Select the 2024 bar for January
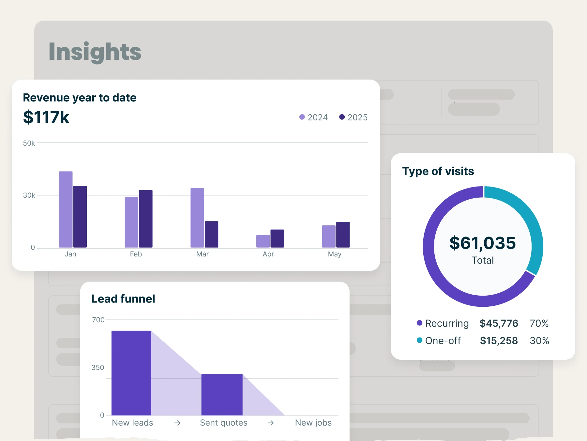(x=66, y=209)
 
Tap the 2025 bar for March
(x=211, y=234)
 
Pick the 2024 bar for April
(x=263, y=241)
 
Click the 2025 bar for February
(x=145, y=219)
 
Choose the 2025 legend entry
(x=354, y=117)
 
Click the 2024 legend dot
(x=302, y=117)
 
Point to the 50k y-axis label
(x=29, y=143)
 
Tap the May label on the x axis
(x=335, y=254)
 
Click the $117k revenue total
(x=46, y=117)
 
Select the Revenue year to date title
(x=79, y=98)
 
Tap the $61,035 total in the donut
(x=483, y=243)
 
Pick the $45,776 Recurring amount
(x=499, y=323)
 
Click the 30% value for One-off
(x=539, y=341)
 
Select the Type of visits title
(x=438, y=171)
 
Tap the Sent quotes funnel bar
(x=222, y=395)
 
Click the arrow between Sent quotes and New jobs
(x=271, y=423)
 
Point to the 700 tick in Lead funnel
(x=98, y=320)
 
